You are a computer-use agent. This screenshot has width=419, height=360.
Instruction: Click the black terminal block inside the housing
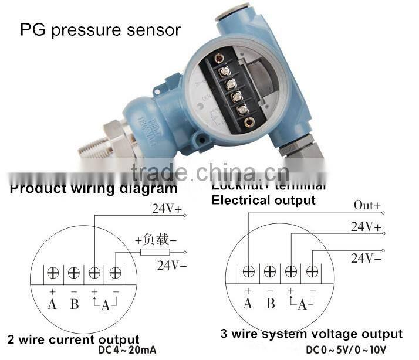point(232,91)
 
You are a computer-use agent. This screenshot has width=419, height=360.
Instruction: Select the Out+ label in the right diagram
point(367,206)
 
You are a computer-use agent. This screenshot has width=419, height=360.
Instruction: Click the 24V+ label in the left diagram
point(169,208)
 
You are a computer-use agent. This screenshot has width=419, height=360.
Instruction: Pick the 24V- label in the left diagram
point(171,264)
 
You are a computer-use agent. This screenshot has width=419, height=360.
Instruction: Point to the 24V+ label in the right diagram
point(366,226)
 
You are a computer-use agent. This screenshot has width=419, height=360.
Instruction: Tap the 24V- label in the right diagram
point(366,257)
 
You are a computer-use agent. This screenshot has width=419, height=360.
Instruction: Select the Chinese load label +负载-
point(156,239)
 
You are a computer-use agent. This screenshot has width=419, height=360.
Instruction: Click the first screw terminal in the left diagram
point(52,272)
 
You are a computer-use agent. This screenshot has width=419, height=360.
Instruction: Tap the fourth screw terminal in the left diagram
point(116,272)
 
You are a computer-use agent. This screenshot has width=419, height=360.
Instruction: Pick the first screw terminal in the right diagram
point(249,271)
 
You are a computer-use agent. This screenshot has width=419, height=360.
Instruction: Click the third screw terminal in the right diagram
point(290,271)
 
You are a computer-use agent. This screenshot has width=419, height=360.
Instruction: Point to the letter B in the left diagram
point(74,304)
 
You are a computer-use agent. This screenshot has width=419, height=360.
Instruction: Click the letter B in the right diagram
point(270,304)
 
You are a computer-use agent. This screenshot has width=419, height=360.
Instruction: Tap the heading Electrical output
point(263,200)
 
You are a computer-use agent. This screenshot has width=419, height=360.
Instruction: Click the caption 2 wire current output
point(73,339)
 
